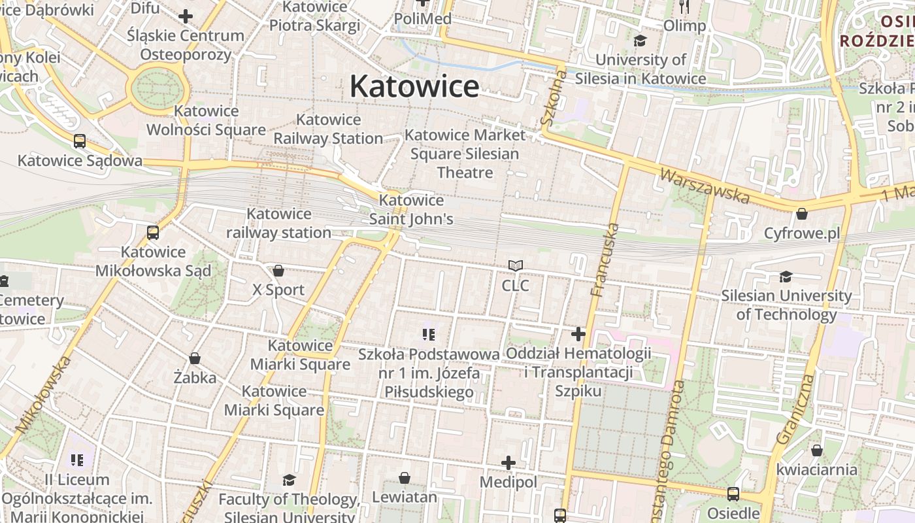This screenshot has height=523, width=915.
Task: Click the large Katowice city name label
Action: (414, 86)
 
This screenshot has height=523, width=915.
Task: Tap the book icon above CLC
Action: (516, 265)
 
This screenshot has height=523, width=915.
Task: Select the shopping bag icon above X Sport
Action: (278, 271)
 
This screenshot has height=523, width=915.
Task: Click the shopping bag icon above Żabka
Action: (195, 358)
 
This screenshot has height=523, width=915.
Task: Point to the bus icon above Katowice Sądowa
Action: (80, 141)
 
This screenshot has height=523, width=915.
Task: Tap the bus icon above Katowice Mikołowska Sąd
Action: (153, 232)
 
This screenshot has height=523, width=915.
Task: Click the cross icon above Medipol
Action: (508, 463)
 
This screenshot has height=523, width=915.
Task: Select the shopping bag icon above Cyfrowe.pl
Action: (802, 214)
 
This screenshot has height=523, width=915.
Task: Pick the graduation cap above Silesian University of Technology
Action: (786, 277)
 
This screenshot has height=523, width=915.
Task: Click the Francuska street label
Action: (603, 260)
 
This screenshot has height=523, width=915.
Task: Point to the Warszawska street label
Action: (705, 185)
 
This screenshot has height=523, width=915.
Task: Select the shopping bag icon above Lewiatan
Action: (405, 478)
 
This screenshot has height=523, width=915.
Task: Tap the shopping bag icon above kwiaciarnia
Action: (816, 450)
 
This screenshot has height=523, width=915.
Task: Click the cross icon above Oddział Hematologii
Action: (578, 334)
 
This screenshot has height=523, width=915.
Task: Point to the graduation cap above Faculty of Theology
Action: (289, 481)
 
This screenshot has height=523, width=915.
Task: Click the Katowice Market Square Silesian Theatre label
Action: (465, 154)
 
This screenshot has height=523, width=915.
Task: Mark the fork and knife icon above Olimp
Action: (684, 7)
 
